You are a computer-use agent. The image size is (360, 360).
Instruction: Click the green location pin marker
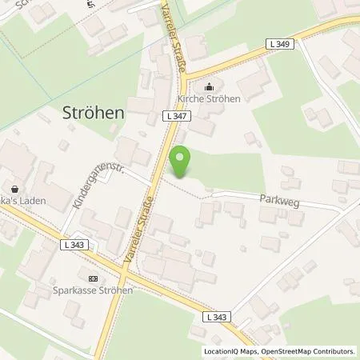[182, 162]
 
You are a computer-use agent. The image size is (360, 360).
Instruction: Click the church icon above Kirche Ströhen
[210, 88]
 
